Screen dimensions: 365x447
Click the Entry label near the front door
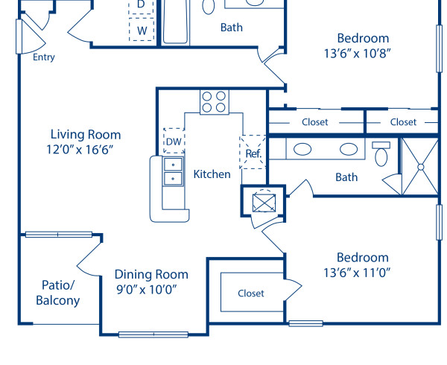(x=44, y=57)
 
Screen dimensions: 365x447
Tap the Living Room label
(x=85, y=135)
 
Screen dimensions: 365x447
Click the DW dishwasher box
(x=174, y=141)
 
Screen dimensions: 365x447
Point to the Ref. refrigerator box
(x=253, y=153)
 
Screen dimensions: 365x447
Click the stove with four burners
(x=214, y=101)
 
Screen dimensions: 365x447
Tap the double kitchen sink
(x=173, y=171)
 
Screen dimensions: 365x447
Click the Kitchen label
(x=212, y=174)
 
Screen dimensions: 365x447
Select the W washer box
(x=142, y=31)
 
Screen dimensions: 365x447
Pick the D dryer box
(x=142, y=5)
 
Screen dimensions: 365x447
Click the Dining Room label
(x=151, y=274)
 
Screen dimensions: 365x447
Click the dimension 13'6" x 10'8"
(x=363, y=53)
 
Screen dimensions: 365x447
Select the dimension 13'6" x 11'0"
(x=363, y=272)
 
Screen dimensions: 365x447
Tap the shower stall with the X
(x=419, y=165)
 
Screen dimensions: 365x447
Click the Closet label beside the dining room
(x=251, y=293)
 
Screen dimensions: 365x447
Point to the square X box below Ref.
(x=264, y=202)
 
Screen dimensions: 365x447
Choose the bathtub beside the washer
(x=176, y=20)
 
